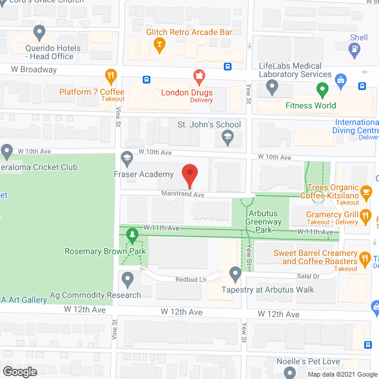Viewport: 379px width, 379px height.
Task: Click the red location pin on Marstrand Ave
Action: (x=189, y=174)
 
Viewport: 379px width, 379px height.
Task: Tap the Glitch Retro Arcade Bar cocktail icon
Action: (x=159, y=44)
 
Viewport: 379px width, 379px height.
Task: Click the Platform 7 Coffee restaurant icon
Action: (x=110, y=76)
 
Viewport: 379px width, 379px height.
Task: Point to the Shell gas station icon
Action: (x=355, y=51)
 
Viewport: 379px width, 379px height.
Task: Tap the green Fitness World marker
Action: (x=322, y=91)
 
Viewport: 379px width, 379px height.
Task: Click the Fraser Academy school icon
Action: (x=127, y=158)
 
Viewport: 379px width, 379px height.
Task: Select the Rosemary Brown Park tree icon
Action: (x=133, y=236)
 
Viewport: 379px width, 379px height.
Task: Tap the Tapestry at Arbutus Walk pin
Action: (x=235, y=274)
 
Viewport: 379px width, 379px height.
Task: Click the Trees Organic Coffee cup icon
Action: (x=366, y=191)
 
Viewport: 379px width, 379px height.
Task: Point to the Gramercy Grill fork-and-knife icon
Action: (x=366, y=215)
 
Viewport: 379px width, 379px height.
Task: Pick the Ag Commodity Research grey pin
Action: (x=127, y=278)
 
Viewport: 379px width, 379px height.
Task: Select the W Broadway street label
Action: (x=34, y=69)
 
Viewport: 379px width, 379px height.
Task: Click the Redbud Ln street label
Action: (x=189, y=279)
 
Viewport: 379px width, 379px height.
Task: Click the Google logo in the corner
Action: (x=19, y=371)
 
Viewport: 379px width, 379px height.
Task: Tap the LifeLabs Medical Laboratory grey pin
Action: (x=272, y=88)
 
